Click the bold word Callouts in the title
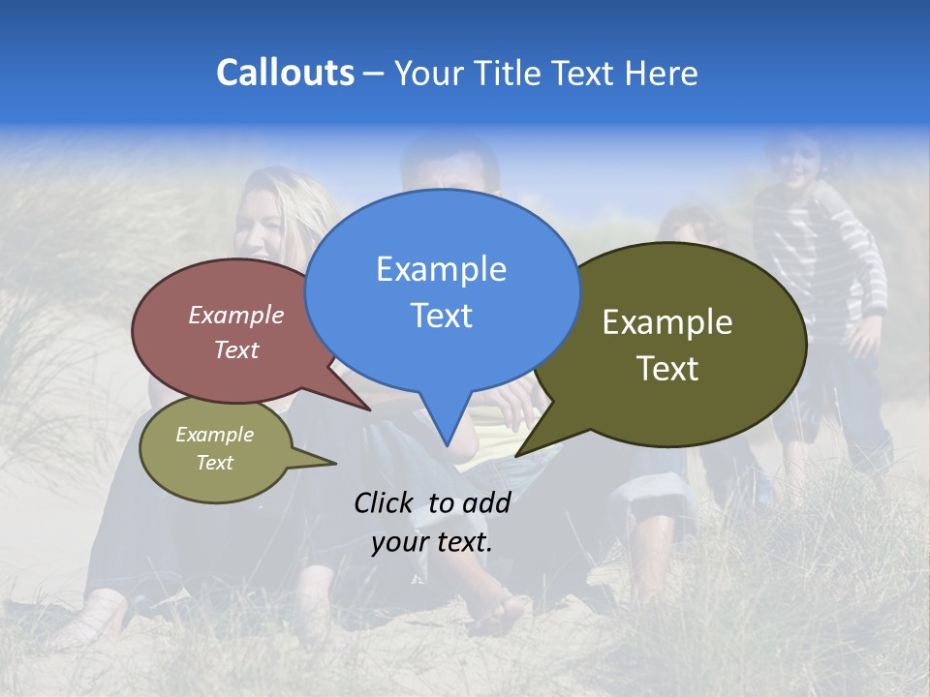click(x=285, y=73)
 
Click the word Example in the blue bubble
click(x=441, y=269)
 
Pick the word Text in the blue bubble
click(x=441, y=316)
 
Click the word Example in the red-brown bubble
click(x=236, y=315)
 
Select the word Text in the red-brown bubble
click(x=236, y=349)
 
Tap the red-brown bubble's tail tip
click(x=370, y=409)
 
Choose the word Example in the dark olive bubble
click(x=667, y=322)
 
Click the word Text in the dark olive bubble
click(x=667, y=369)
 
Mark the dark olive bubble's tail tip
click(x=516, y=455)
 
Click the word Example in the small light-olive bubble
click(x=215, y=435)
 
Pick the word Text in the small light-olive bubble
click(x=215, y=463)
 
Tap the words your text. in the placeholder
click(x=432, y=542)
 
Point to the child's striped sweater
click(x=823, y=242)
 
